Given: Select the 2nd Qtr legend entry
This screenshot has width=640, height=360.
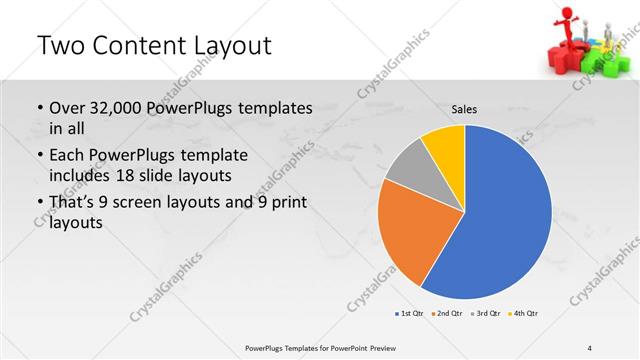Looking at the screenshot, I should tap(446, 314).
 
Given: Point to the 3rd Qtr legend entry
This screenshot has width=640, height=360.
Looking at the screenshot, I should tap(484, 314).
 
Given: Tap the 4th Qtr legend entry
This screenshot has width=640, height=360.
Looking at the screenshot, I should tap(523, 314).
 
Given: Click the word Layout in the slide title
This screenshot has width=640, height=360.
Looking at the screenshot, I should tap(221, 46).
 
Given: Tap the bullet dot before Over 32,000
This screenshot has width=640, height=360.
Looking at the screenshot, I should tap(39, 109).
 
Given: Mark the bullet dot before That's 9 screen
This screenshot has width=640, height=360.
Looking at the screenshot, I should tap(39, 203).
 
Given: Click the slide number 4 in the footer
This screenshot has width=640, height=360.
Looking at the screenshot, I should tap(590, 347).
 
